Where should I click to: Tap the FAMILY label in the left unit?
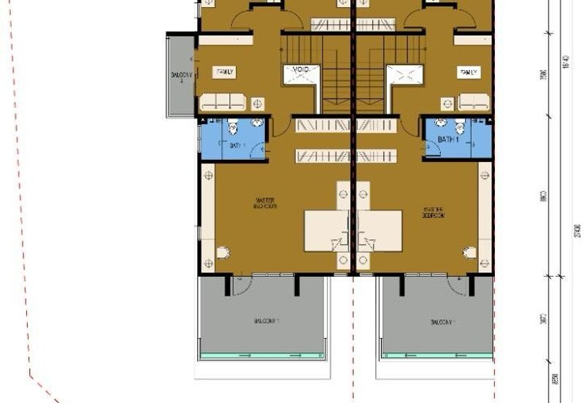tap(224, 72)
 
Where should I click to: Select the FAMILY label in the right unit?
tap(468, 72)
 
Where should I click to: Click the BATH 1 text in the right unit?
tap(448, 139)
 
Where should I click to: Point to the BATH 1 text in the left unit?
tap(236, 145)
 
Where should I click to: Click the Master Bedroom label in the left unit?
tap(264, 203)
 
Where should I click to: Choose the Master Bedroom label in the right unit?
tap(433, 212)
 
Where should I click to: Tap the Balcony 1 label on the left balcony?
tap(266, 321)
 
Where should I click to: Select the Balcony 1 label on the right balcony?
tap(442, 322)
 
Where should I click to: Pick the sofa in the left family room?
tap(223, 101)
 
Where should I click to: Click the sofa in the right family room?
tap(474, 101)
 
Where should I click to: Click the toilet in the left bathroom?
tap(233, 128)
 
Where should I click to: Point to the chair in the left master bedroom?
tap(223, 253)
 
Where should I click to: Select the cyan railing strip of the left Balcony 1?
tap(262, 356)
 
